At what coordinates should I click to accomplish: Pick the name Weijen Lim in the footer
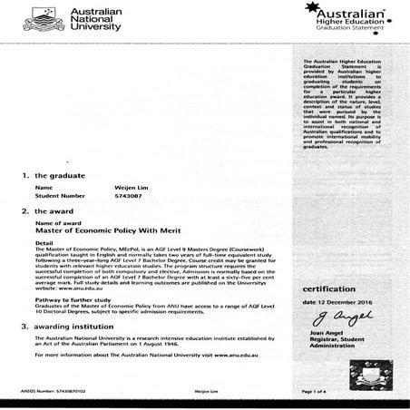pos(208,391)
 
